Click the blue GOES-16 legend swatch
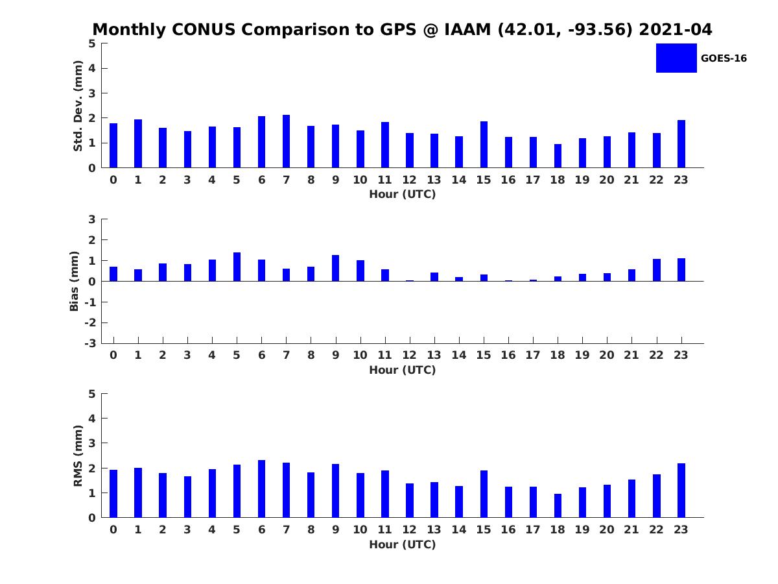pos(676,58)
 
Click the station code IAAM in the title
pos(469,30)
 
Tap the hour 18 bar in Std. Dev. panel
pos(558,156)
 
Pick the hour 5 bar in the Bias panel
pos(237,267)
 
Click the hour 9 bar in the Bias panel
pos(335,268)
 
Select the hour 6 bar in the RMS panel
pos(261,489)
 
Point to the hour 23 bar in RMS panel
pos(681,491)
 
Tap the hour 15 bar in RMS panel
pos(484,494)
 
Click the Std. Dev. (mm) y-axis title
pos(78,106)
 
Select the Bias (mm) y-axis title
pos(75,281)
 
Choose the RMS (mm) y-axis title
pos(78,456)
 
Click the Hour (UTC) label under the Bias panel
pos(402,370)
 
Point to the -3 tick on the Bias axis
pos(91,343)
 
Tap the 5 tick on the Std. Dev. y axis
pos(92,43)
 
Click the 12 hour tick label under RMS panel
pos(409,529)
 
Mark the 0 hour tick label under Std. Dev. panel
pos(113,180)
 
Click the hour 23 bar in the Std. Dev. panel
pos(681,144)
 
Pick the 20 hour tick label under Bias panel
pos(606,355)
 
